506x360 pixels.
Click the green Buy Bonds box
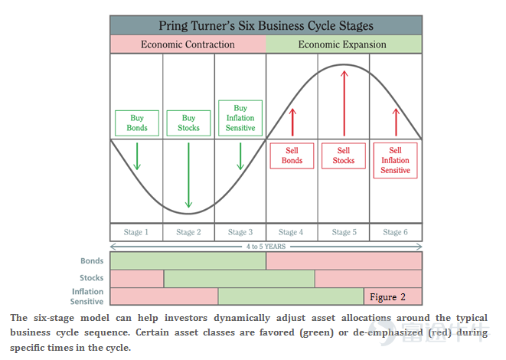coord(137,123)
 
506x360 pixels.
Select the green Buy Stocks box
coord(188,123)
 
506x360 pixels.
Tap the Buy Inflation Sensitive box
coord(240,118)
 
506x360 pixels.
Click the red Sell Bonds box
coord(292,155)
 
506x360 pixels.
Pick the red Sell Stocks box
coord(344,155)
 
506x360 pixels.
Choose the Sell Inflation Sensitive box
coord(395,160)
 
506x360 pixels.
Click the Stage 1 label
coord(135,232)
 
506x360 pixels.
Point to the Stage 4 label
coord(291,232)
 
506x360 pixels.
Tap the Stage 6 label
coord(395,232)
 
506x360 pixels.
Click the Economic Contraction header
coord(188,44)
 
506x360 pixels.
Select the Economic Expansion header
coord(342,44)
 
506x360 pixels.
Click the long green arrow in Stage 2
coord(188,175)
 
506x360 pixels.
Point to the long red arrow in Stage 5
coord(344,103)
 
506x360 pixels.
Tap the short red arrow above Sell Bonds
coord(292,122)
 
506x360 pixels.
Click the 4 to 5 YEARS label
coord(266,247)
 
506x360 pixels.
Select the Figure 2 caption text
coord(387,297)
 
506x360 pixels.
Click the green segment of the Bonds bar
coord(188,261)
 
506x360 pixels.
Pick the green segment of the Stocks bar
coord(240,279)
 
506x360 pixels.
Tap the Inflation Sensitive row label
coord(87,296)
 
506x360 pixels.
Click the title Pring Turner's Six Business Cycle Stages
coord(266,26)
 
